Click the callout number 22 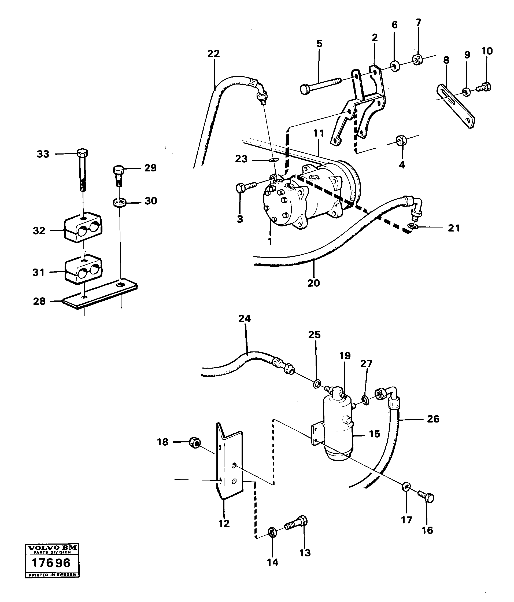click(213, 54)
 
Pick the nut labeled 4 click(401, 141)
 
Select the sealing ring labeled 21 click(413, 226)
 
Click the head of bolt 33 click(83, 153)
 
